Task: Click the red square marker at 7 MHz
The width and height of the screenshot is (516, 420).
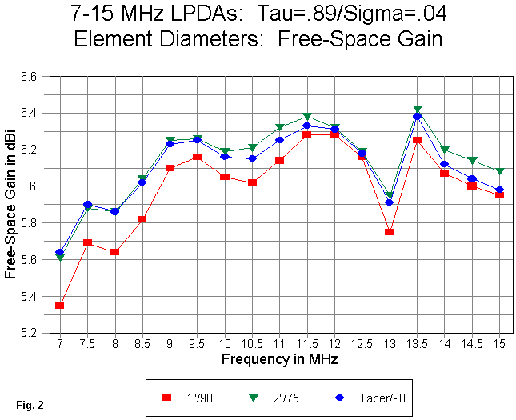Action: tap(60, 305)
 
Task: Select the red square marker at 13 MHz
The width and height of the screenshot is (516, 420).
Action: tap(390, 232)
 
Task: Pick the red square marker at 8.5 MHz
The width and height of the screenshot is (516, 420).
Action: tap(142, 219)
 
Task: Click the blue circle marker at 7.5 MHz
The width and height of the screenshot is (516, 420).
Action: tap(87, 205)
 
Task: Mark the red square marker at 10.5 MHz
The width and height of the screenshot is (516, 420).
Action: tap(252, 182)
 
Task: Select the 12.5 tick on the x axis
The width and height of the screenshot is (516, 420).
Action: tap(362, 344)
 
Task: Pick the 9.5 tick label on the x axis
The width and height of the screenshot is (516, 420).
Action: tap(197, 344)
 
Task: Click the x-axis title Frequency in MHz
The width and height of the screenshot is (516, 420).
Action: tap(279, 359)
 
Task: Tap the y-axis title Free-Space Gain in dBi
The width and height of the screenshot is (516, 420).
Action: tap(10, 205)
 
